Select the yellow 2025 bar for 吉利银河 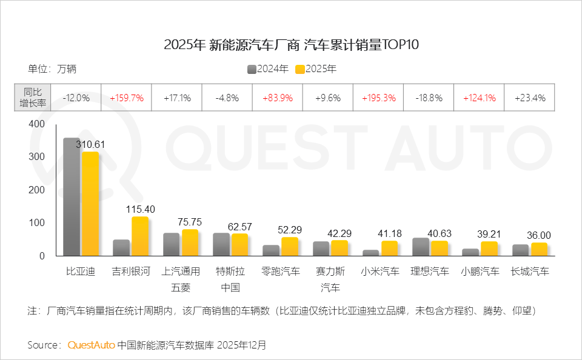pos(140,236)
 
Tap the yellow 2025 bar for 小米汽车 pos(389,248)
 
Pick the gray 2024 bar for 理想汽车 pos(420,247)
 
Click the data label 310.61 pos(91,144)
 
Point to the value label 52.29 pos(290,230)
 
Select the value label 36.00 pos(538,235)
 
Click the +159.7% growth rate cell pos(126,98)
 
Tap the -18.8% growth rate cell pos(428,98)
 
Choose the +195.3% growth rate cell pos(378,98)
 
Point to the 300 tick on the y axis pos(38,156)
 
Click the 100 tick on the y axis pos(38,223)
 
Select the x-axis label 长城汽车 pos(529,272)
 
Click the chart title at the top pos(291,45)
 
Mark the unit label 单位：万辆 pos(52,69)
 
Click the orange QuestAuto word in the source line pos(91,345)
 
